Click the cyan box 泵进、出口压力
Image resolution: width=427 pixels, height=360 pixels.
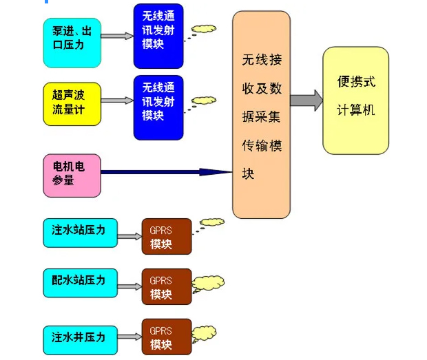point(72,42)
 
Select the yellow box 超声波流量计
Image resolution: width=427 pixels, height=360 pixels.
point(72,104)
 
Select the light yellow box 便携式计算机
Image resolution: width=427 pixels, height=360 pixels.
point(355,100)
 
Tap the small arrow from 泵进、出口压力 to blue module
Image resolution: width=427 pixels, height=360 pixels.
point(117,36)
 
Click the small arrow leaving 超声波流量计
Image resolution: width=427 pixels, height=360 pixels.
point(117,100)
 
